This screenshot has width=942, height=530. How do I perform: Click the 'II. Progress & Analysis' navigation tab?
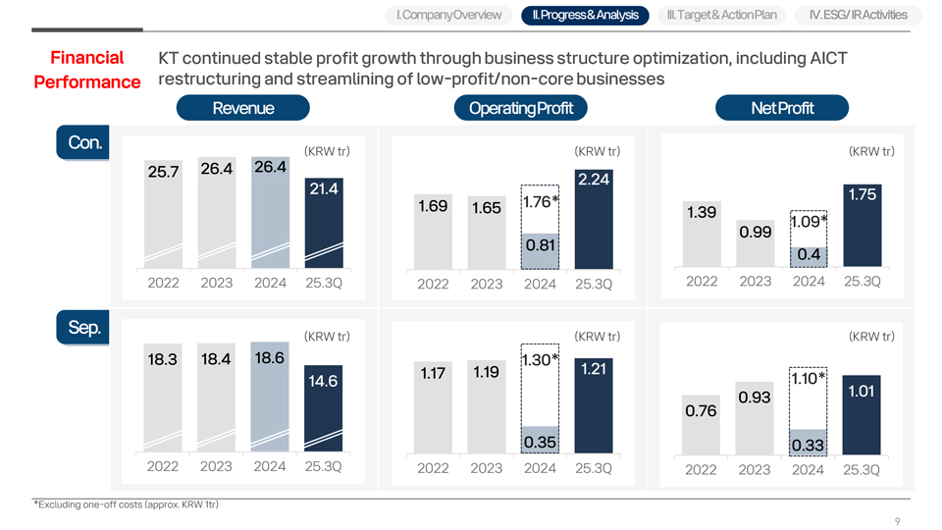click(x=584, y=15)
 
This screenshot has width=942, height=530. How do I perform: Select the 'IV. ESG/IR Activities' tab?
click(x=859, y=15)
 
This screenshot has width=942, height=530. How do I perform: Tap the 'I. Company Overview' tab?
click(x=447, y=15)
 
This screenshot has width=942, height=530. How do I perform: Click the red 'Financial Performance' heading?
click(x=87, y=70)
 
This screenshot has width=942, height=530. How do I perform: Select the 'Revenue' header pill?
click(x=243, y=108)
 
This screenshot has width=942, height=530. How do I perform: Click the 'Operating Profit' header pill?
click(x=514, y=108)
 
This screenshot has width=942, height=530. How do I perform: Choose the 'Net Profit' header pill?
click(x=782, y=108)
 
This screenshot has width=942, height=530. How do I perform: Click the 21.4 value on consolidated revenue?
click(x=324, y=188)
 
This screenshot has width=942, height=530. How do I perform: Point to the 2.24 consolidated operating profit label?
click(x=594, y=179)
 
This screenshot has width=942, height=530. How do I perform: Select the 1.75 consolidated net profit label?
click(x=861, y=194)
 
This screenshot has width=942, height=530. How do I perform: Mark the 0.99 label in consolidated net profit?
click(x=756, y=232)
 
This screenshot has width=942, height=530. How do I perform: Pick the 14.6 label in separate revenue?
click(x=324, y=381)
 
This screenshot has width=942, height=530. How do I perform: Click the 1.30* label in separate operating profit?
click(x=540, y=360)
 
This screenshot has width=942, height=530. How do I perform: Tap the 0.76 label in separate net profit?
click(x=700, y=411)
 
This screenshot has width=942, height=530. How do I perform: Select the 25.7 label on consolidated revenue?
click(x=162, y=172)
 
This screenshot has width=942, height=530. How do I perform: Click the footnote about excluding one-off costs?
click(x=127, y=504)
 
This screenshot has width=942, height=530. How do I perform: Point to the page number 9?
click(x=897, y=521)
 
